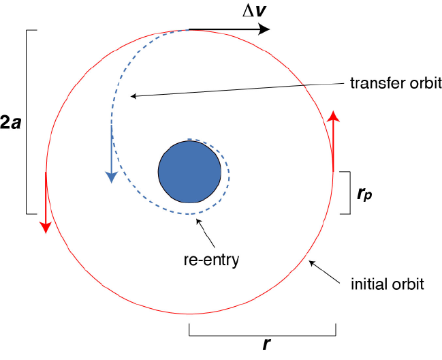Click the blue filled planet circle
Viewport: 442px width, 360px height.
point(189,171)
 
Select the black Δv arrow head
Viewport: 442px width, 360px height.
point(264,29)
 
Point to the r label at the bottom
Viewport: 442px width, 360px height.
point(265,345)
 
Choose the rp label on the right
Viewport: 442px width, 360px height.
point(364,194)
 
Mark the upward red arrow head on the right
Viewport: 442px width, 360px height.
point(333,115)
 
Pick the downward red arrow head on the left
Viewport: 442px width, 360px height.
point(45,226)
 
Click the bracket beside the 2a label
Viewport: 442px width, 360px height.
point(27,123)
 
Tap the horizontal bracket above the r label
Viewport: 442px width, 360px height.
point(262,334)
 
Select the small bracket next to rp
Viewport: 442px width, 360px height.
point(348,193)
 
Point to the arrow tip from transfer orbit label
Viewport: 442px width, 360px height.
point(131,96)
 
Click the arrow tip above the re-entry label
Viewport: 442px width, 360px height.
point(198,220)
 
